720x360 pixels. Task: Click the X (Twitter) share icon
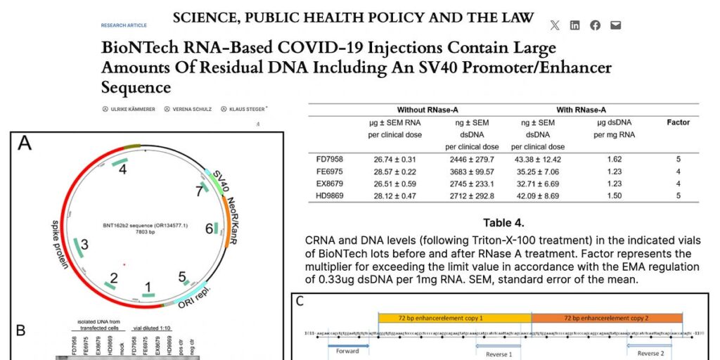(555, 25)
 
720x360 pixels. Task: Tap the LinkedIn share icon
(575, 25)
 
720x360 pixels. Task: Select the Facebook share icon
(596, 25)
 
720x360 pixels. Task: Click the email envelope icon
(616, 25)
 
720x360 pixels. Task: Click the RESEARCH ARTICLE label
(124, 25)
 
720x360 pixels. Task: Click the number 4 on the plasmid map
(122, 169)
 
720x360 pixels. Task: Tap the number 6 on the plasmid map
(209, 229)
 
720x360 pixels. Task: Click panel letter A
(25, 143)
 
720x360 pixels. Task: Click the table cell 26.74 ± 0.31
(398, 159)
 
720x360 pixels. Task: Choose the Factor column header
(678, 122)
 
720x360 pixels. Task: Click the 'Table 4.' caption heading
(503, 223)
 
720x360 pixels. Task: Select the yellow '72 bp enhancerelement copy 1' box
(454, 318)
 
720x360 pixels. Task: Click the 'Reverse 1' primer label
(499, 354)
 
